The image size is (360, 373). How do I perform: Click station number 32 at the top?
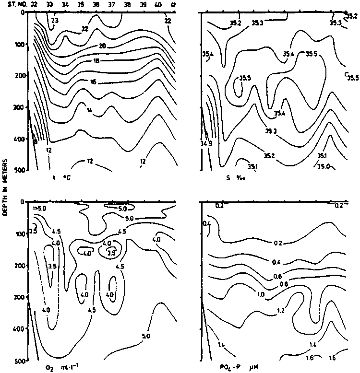34,4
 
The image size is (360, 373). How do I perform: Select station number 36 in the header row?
96,4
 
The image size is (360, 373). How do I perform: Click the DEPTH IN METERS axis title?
4,187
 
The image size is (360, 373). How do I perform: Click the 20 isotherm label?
102,46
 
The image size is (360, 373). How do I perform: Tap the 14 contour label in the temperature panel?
89,110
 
